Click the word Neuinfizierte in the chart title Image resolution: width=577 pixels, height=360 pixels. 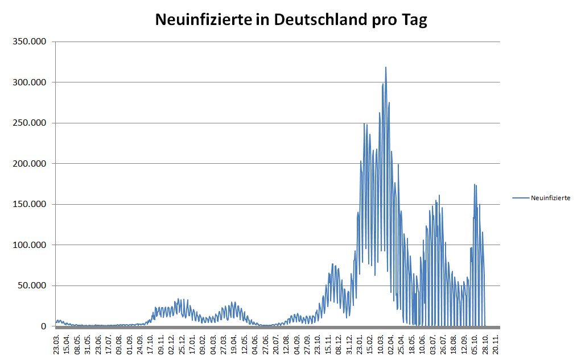pos(203,20)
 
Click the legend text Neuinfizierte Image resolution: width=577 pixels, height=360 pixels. pos(550,198)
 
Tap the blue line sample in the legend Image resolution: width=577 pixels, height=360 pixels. pos(521,198)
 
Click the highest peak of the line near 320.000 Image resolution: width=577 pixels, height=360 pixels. pos(386,68)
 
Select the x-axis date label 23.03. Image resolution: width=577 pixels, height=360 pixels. pos(57,345)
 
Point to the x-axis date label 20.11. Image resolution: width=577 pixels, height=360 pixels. pos(496,345)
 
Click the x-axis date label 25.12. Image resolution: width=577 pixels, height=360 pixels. pos(182,345)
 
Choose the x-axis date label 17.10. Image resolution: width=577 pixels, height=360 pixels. pos(151,345)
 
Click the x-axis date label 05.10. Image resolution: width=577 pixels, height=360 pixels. pos(475,345)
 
